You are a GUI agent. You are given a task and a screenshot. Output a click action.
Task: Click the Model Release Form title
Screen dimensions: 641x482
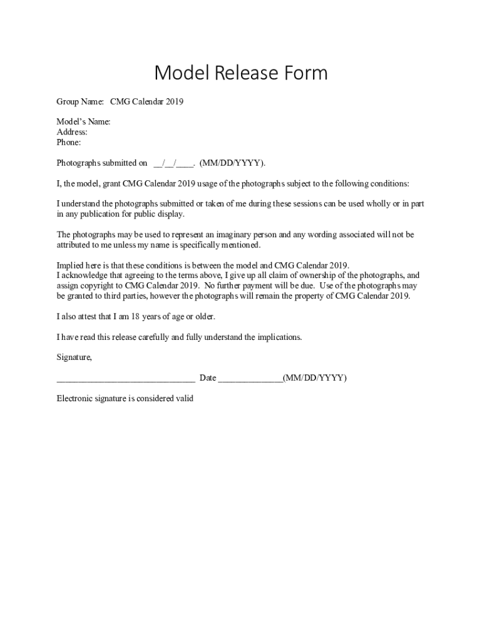click(x=241, y=73)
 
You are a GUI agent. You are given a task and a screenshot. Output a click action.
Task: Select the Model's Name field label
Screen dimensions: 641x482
click(x=83, y=121)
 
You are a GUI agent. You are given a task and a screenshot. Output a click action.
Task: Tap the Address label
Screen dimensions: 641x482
click(x=72, y=132)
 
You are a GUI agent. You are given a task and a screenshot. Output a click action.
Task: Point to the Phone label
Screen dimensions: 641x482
click(x=69, y=143)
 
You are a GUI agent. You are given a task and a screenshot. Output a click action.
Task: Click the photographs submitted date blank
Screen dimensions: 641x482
click(x=173, y=163)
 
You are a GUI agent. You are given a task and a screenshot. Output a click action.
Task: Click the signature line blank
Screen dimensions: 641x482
click(x=125, y=378)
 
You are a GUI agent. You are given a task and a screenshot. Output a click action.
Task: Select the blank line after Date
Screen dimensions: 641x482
click(x=250, y=378)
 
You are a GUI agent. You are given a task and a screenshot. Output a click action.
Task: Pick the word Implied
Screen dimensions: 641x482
click(x=71, y=265)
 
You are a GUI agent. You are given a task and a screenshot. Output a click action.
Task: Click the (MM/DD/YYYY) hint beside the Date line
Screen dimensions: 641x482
click(x=315, y=378)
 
